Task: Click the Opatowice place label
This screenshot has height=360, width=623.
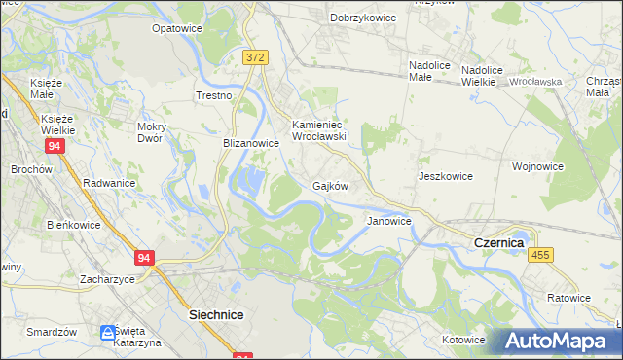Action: tap(176, 28)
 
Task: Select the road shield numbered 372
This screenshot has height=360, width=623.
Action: tap(255, 58)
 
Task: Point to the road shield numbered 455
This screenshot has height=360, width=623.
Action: tap(542, 254)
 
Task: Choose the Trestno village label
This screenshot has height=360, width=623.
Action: tap(213, 95)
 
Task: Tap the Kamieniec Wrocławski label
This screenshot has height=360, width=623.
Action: tap(320, 130)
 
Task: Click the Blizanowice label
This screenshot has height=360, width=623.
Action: tap(251, 142)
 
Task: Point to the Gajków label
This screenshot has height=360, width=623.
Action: tap(330, 185)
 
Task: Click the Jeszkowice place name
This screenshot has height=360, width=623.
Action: tap(445, 176)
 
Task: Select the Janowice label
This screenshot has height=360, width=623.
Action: tap(388, 221)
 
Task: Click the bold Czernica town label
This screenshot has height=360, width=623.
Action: tap(498, 241)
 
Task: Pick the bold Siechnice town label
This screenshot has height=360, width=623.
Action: tap(215, 315)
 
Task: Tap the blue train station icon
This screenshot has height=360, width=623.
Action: tap(107, 334)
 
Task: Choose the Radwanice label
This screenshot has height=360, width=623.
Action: tap(109, 182)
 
